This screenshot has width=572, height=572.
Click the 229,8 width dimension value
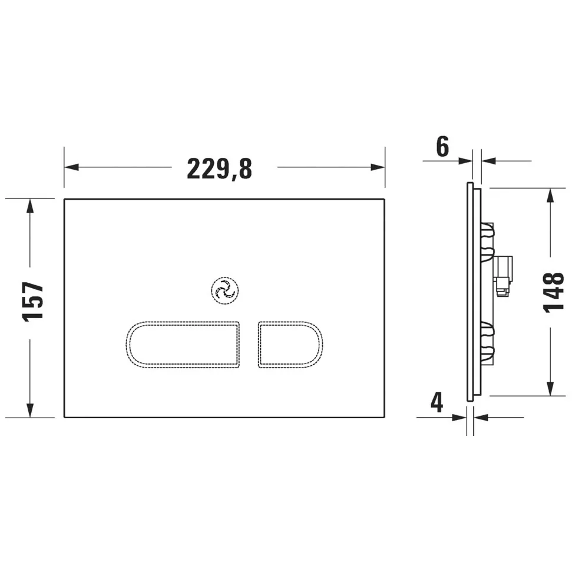(219, 168)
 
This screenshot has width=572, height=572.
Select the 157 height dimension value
(34, 302)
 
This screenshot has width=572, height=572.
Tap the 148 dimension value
(554, 293)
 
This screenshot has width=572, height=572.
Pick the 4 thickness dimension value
(437, 402)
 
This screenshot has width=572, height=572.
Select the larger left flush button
(183, 345)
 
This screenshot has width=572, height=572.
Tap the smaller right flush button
(290, 345)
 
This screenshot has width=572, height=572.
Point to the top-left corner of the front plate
(64, 199)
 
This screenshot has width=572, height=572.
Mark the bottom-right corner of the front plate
(385, 417)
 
